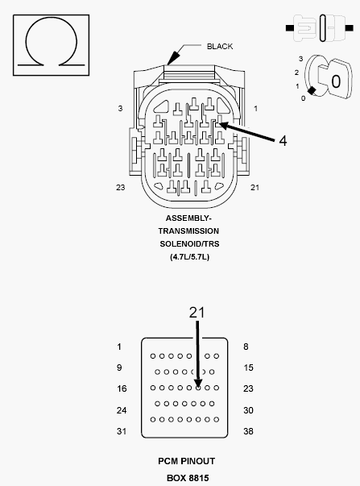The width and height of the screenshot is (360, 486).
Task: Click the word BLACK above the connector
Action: (220, 47)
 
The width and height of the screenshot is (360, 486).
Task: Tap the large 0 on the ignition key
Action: (336, 81)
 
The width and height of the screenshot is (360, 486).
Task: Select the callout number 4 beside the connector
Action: (283, 141)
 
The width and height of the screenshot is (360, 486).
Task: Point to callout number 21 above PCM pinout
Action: (197, 313)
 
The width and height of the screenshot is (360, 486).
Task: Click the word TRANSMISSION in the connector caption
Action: (188, 231)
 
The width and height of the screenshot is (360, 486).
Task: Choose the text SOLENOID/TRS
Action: (189, 244)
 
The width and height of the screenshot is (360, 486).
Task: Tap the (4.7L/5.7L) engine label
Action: (189, 257)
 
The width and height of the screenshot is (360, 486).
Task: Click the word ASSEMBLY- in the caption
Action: (188, 218)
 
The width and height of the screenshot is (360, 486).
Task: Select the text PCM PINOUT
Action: (187, 461)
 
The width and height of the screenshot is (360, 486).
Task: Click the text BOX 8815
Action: (188, 478)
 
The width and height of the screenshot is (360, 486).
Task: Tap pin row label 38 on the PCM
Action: (248, 431)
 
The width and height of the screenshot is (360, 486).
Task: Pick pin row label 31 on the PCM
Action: (122, 431)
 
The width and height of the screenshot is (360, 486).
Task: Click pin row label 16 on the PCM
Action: (122, 388)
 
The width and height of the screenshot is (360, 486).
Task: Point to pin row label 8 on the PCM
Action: (246, 347)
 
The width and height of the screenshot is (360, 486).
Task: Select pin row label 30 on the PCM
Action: (248, 410)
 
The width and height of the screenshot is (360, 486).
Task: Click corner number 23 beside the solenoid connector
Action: (121, 187)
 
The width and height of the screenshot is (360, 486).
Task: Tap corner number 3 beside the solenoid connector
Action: (120, 109)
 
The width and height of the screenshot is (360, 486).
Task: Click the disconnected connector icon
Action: (320, 28)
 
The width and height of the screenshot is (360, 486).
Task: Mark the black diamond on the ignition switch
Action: (312, 90)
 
